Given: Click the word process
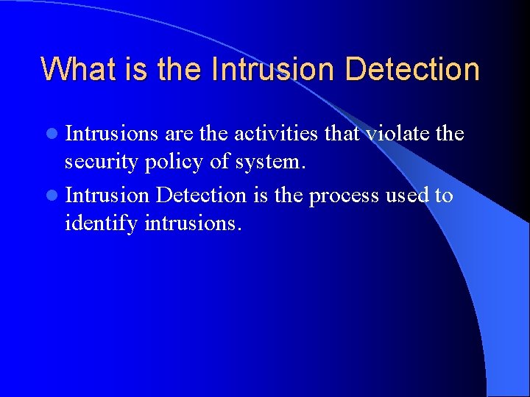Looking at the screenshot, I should [344, 196].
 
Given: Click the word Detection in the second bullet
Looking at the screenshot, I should [202, 195].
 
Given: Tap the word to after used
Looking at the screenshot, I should [443, 196].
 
